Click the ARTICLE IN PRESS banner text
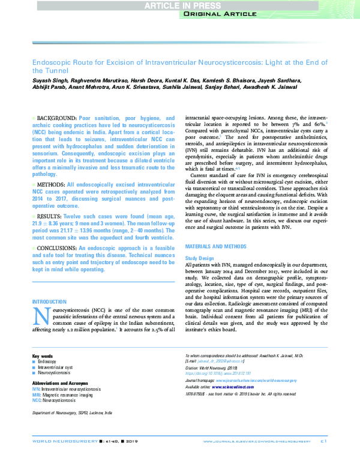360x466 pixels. click(179, 5)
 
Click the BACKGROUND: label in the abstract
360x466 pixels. click(57, 118)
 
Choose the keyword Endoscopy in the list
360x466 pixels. click(48, 380)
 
